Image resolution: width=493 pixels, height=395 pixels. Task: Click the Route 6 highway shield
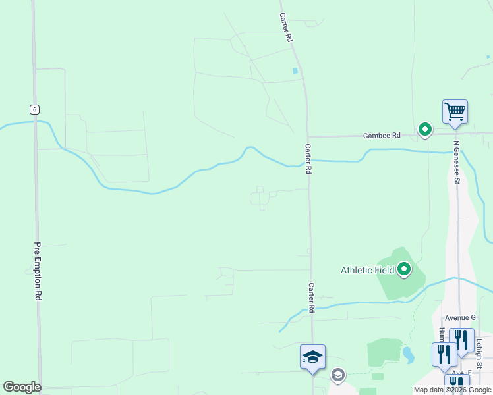34,109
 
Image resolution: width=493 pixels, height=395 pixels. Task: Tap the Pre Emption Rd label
38,272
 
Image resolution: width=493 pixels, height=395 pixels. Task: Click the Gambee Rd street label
382,136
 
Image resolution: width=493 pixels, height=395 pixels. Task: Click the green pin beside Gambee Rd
425,129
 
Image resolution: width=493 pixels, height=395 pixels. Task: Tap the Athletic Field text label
367,270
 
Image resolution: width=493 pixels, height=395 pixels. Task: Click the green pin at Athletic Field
403,269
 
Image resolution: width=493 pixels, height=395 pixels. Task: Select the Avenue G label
459,317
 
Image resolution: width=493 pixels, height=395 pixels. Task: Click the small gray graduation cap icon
337,375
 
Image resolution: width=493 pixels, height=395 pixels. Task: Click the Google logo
22,387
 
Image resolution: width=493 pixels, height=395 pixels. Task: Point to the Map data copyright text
451,390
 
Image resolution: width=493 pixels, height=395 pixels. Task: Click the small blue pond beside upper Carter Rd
295,70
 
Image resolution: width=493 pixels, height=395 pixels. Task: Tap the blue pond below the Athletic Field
408,355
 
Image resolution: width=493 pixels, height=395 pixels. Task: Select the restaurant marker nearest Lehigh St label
462,340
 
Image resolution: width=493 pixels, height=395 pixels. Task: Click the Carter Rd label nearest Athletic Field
310,298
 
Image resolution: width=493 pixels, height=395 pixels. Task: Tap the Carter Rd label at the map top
285,28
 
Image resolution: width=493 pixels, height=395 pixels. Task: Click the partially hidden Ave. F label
461,373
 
